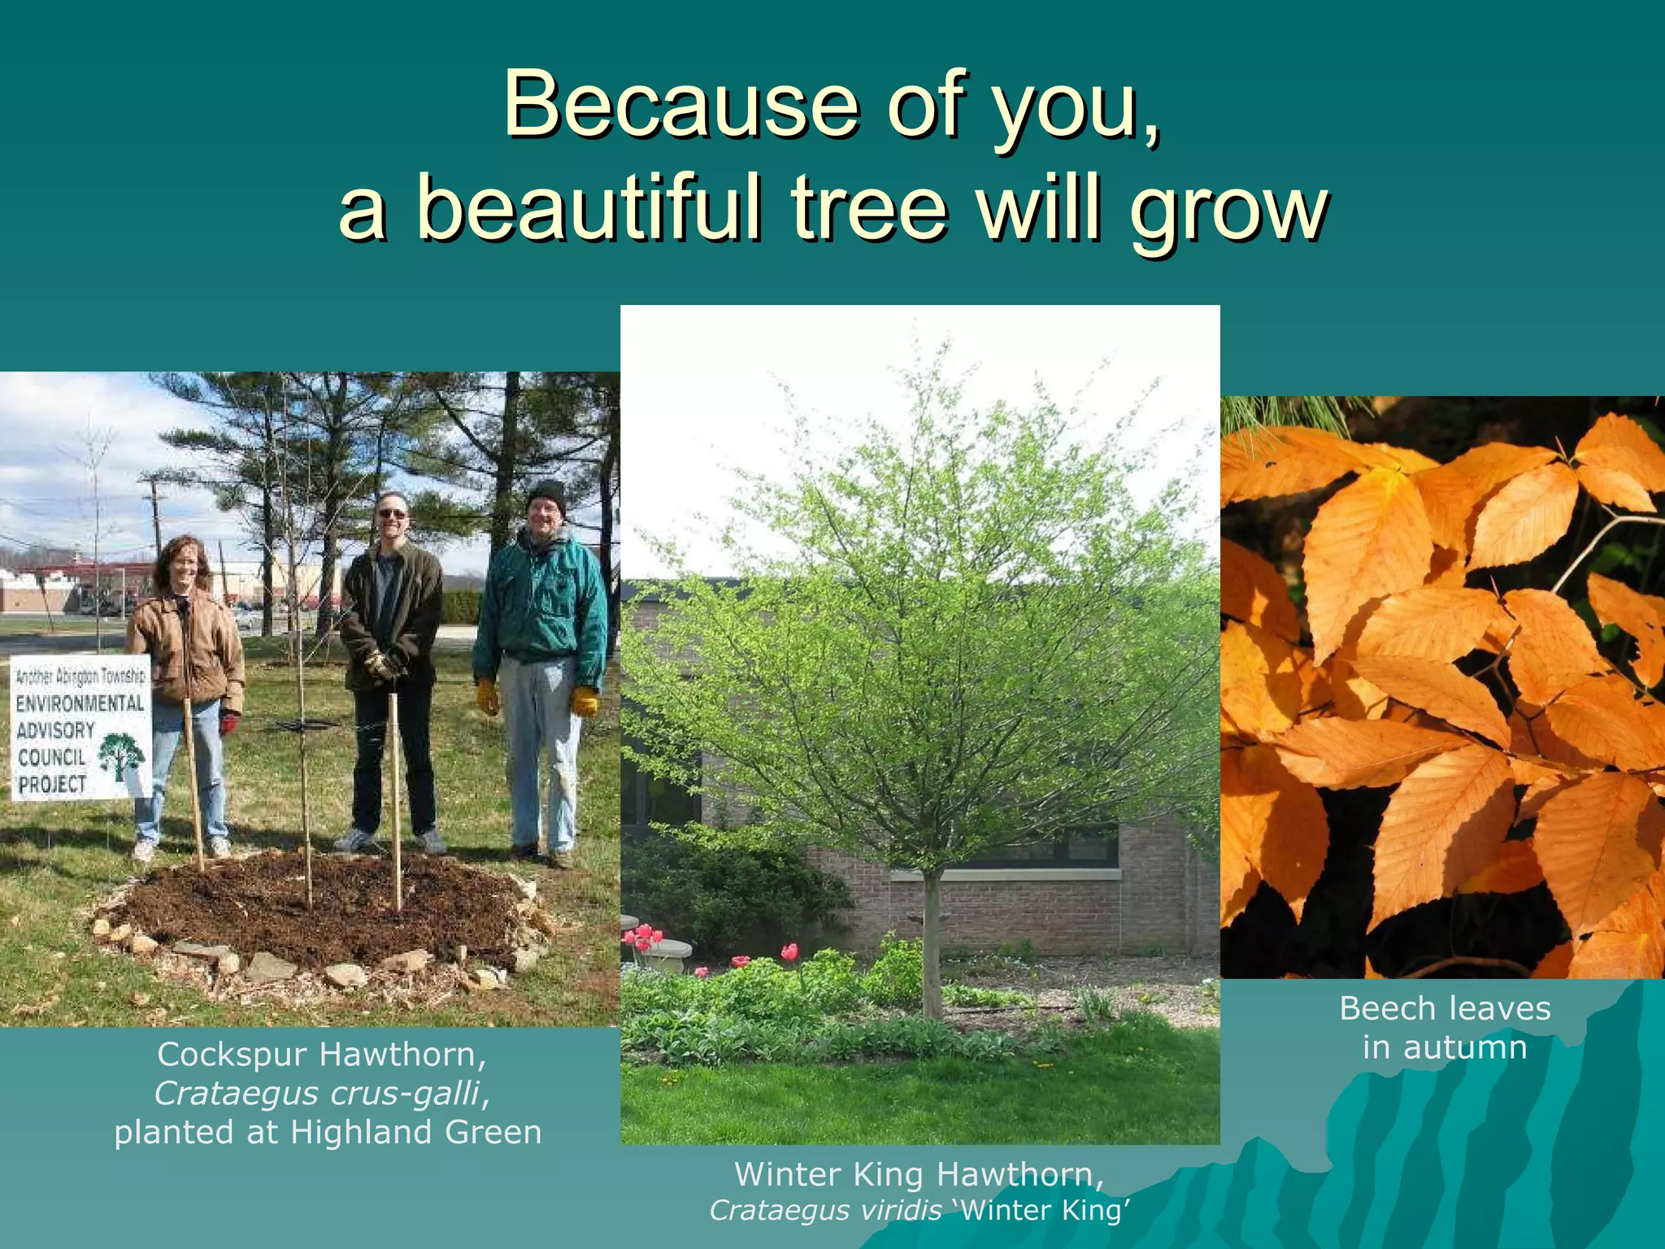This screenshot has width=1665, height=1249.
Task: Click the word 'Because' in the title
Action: pos(680,106)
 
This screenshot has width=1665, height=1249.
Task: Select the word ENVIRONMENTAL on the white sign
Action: pos(80,703)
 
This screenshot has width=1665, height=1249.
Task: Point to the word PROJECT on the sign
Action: pos(53,784)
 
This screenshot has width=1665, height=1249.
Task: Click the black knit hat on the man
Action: pos(546,493)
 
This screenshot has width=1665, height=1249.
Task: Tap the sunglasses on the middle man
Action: pos(392,514)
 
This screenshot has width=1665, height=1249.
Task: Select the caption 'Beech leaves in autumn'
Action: pos(1445,1028)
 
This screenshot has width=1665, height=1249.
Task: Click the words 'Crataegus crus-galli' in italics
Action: pos(317,1094)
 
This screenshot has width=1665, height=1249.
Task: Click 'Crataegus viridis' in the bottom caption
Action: pos(824,1211)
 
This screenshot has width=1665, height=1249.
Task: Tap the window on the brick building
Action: pos(1049,846)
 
